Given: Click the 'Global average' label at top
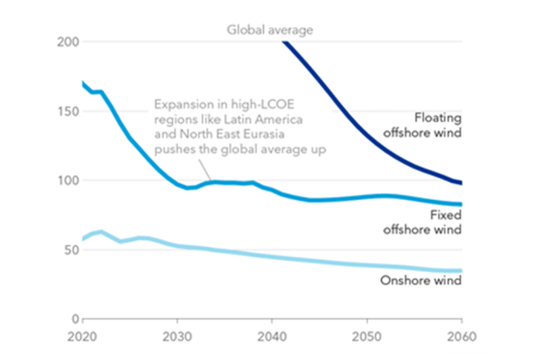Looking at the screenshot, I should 270,30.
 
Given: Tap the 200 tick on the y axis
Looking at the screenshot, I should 68,42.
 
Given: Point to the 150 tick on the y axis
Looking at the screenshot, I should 68,111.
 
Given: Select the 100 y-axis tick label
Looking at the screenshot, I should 68,181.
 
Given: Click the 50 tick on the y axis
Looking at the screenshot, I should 71,250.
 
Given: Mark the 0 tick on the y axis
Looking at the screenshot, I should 75,319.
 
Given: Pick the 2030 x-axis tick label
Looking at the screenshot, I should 177,335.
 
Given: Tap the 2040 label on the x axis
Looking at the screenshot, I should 272,335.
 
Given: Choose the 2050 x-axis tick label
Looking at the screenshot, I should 367,335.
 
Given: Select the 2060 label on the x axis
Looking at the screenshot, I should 462,335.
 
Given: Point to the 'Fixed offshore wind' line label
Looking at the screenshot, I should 422,222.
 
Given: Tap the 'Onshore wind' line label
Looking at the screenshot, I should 421,281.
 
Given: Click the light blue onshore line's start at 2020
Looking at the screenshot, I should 83,239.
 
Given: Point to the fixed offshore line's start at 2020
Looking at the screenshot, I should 83,83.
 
